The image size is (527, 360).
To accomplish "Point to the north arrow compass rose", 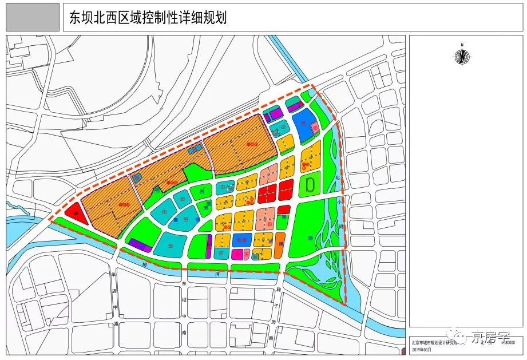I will click(461, 56).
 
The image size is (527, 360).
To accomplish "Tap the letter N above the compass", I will click(461, 44).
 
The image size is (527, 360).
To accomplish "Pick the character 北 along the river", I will click(338, 177).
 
